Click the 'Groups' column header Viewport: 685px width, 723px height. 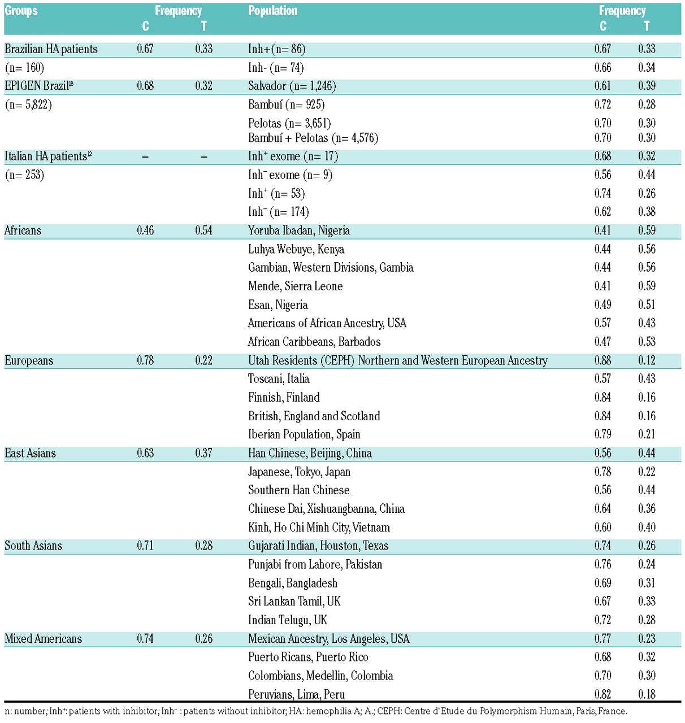click(x=21, y=11)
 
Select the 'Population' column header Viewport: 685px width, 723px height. click(x=272, y=11)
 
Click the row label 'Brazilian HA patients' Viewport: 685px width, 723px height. click(x=51, y=49)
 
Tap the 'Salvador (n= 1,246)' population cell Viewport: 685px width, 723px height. click(x=292, y=86)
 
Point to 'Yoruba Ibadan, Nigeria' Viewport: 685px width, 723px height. click(x=299, y=230)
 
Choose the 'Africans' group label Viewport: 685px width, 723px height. click(x=23, y=230)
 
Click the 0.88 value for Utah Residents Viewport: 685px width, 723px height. click(x=602, y=360)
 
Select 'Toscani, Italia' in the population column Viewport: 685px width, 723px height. click(x=279, y=379)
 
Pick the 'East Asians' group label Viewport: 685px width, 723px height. click(x=30, y=453)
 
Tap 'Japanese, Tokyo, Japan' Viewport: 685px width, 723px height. click(x=299, y=472)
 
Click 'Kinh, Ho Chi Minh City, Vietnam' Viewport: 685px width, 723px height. click(x=319, y=528)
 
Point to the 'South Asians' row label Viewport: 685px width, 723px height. click(x=33, y=546)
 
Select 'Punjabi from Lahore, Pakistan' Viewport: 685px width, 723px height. click(x=315, y=564)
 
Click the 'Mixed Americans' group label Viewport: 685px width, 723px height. click(x=43, y=639)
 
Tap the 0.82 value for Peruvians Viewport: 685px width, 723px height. click(x=602, y=694)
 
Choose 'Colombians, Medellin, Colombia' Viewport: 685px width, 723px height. click(x=320, y=676)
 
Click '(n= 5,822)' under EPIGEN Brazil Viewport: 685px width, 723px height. click(x=28, y=104)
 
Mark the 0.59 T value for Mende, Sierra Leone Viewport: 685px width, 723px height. click(x=647, y=286)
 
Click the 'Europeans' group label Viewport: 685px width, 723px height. click(x=29, y=360)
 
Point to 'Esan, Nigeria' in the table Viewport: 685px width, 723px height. click(x=278, y=305)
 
